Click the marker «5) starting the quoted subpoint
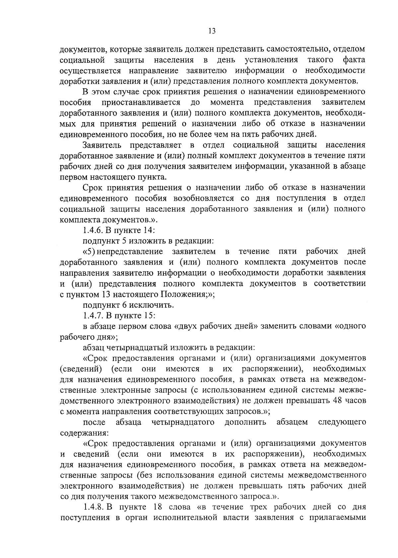(89, 251)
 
